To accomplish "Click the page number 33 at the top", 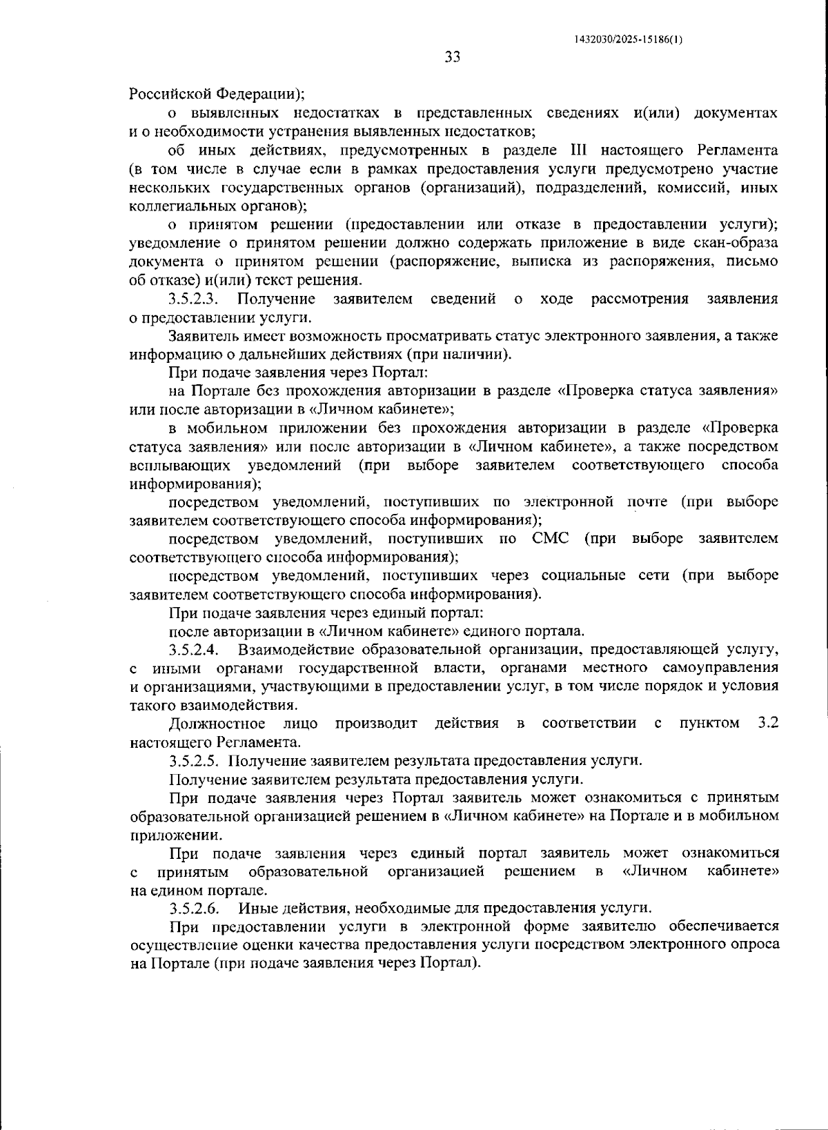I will (x=452, y=57).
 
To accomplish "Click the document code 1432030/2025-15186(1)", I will (x=628, y=39).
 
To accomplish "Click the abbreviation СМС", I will (x=551, y=538).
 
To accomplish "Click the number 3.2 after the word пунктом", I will (x=767, y=723).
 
